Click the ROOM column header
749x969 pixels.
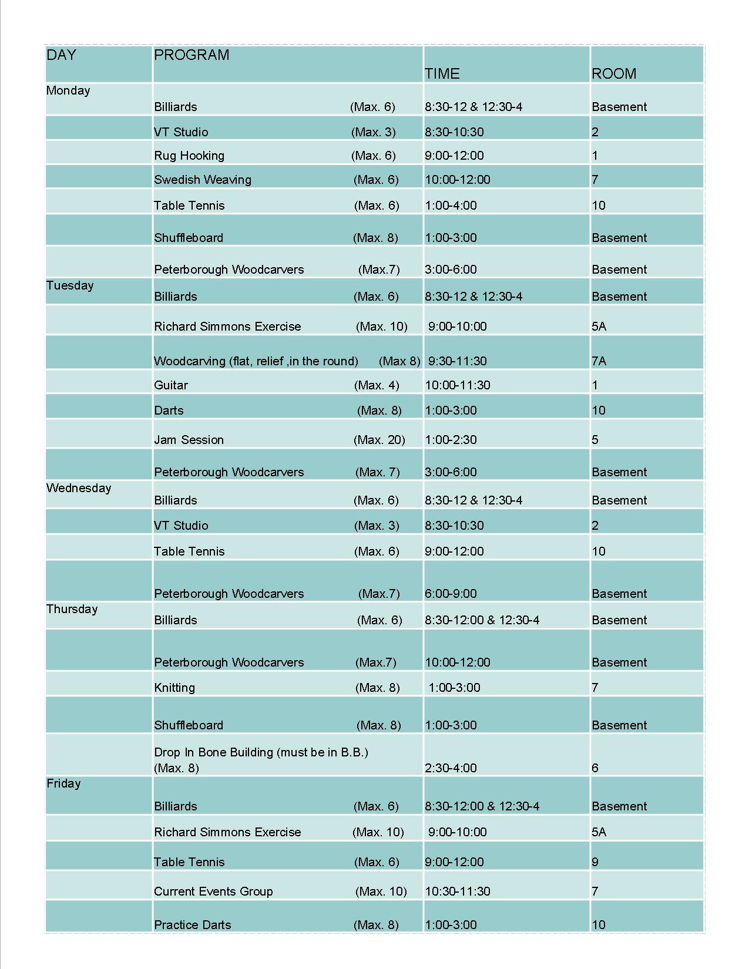click(x=613, y=74)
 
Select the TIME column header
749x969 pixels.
click(x=442, y=74)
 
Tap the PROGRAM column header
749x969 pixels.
click(x=192, y=55)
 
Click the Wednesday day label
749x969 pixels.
click(x=79, y=488)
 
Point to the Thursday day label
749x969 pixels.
click(x=72, y=609)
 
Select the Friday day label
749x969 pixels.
click(x=63, y=783)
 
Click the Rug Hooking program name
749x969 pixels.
click(x=189, y=156)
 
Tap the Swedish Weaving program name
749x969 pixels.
click(x=203, y=180)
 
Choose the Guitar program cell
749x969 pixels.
click(x=171, y=385)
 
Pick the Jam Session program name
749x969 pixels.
click(x=189, y=440)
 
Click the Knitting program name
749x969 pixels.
click(x=174, y=688)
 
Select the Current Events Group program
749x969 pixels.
click(x=213, y=891)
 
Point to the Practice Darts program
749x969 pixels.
click(x=193, y=925)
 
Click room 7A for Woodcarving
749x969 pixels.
click(x=599, y=361)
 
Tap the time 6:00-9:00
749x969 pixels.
click(x=451, y=594)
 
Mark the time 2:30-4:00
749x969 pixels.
click(x=451, y=768)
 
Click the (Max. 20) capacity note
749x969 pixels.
click(x=379, y=440)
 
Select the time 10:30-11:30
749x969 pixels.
click(x=457, y=891)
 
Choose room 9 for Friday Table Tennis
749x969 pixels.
click(x=595, y=862)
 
